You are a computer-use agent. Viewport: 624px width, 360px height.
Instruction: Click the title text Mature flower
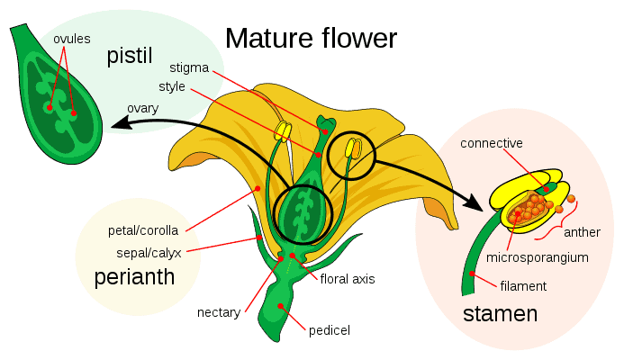click(x=311, y=39)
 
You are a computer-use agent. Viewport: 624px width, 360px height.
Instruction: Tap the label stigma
click(x=189, y=68)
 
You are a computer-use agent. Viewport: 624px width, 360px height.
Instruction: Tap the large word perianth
click(x=134, y=278)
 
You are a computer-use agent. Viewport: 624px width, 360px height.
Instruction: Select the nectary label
click(x=219, y=313)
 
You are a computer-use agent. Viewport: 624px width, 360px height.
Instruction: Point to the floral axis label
click(x=348, y=279)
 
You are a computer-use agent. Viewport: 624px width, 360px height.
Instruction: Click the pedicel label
click(x=329, y=330)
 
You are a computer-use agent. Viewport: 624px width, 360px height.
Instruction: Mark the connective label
click(x=492, y=143)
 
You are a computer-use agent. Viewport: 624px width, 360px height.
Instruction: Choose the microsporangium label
click(x=537, y=258)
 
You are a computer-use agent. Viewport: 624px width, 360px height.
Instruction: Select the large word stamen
click(x=500, y=314)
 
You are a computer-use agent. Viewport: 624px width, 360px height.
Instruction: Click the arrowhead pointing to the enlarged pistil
click(x=116, y=126)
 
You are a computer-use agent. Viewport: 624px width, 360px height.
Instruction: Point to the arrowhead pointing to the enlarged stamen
click(x=474, y=203)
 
